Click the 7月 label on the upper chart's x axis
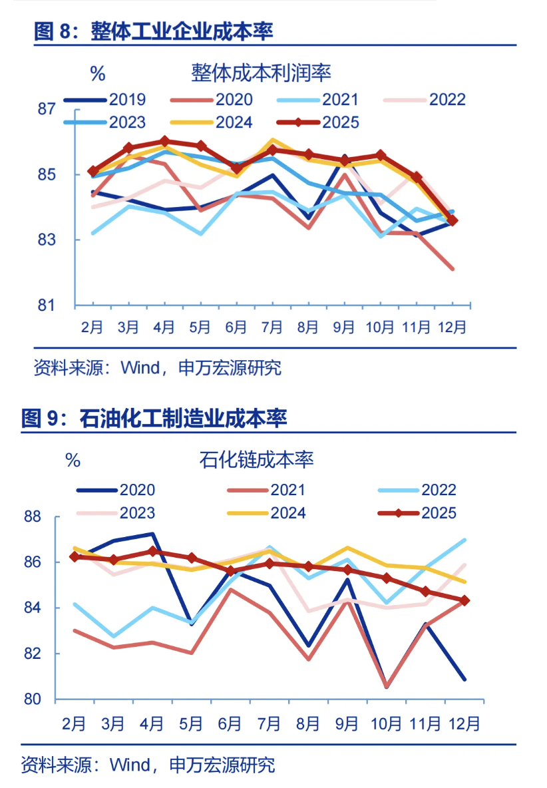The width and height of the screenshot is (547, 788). pyautogui.click(x=272, y=327)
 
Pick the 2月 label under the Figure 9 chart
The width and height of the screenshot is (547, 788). pyautogui.click(x=75, y=723)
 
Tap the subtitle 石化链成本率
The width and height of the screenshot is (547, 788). pyautogui.click(x=256, y=459)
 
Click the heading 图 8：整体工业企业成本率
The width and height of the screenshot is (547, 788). pyautogui.click(x=154, y=31)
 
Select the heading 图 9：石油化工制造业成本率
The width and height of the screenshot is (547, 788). pyautogui.click(x=154, y=419)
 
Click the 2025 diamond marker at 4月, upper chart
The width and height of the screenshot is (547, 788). pyautogui.click(x=164, y=141)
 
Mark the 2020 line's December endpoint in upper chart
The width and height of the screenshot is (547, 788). pyautogui.click(x=453, y=269)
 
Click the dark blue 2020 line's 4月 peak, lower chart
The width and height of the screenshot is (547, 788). pyautogui.click(x=153, y=534)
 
